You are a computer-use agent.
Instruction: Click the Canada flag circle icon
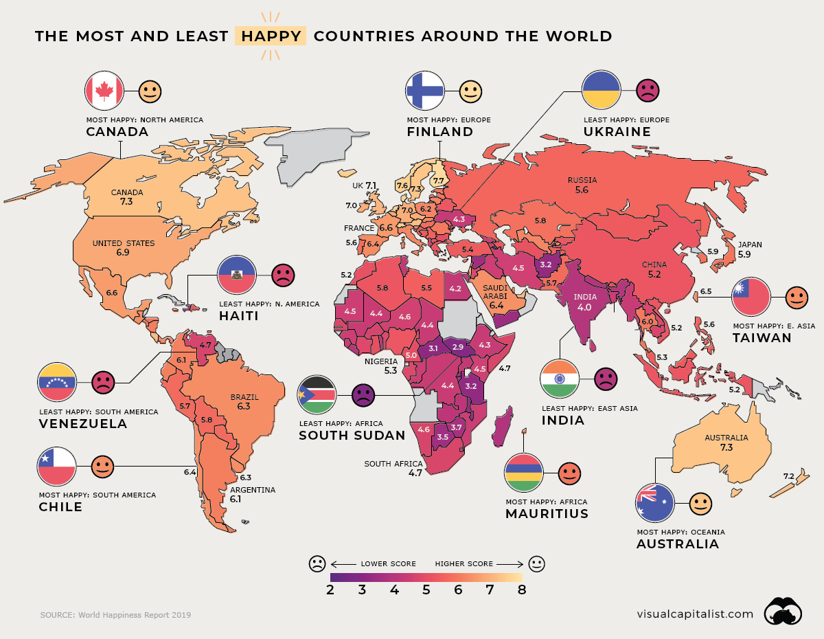point(104,90)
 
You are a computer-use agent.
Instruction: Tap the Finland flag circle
point(425,90)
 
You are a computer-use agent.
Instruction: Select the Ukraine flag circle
point(602,90)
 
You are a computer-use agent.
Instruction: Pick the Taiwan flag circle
point(751,298)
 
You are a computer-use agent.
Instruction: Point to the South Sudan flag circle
point(317,395)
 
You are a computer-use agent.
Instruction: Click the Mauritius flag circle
point(524,473)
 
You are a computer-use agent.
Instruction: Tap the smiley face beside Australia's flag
point(700,504)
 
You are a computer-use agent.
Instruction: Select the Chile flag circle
point(57,466)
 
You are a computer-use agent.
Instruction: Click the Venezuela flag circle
point(57,382)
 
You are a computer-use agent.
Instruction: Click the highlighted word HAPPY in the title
point(271,36)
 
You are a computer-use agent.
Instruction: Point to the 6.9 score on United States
point(123,253)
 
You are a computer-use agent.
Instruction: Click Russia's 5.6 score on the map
point(582,190)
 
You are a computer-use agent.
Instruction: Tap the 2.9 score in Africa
point(458,347)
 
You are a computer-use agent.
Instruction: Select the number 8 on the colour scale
point(522,590)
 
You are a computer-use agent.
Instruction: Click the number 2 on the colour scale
point(330,590)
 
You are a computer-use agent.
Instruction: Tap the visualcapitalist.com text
point(695,614)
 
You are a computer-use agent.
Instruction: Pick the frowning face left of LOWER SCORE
point(317,564)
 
